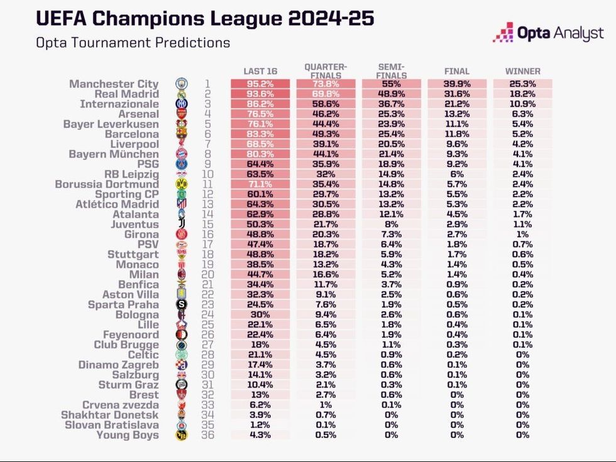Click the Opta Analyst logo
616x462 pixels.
(548, 32)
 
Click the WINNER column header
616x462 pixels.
(522, 71)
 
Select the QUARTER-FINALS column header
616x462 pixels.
(326, 70)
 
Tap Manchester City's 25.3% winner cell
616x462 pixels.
(522, 84)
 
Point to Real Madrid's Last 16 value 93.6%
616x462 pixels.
(260, 94)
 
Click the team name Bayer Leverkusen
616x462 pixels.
(111, 124)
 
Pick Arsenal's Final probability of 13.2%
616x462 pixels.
(457, 114)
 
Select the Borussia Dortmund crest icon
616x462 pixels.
(181, 185)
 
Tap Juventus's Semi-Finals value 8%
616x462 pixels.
(391, 225)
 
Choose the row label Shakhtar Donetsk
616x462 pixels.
(110, 415)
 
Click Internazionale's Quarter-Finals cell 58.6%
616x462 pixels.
(326, 104)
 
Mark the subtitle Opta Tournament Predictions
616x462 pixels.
(133, 43)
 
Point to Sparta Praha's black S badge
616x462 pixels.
(181, 304)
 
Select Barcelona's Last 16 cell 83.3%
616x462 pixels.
(260, 134)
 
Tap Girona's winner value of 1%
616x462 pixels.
(522, 235)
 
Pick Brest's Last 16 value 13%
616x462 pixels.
(260, 395)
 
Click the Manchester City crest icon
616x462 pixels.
(181, 84)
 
